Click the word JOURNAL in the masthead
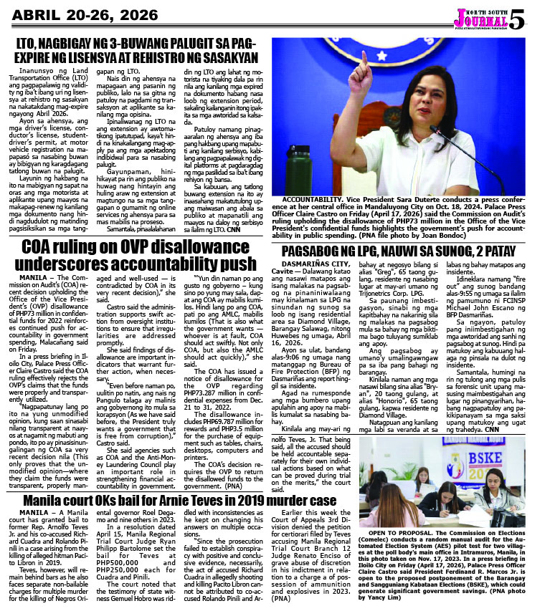point(496,19)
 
